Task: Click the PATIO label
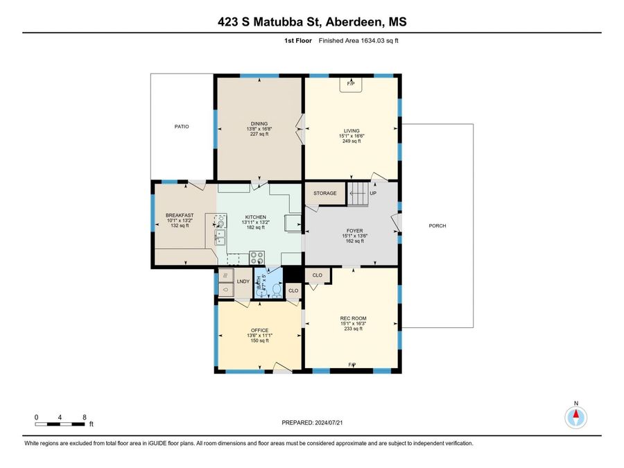coord(182,127)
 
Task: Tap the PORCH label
coord(437,225)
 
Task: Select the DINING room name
coord(259,124)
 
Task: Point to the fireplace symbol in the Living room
coord(351,85)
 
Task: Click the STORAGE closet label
coord(324,193)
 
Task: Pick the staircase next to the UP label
coord(358,194)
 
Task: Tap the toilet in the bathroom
coord(277,289)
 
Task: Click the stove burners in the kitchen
coord(257,257)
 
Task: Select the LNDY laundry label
coord(243,281)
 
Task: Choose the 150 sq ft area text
coord(259,340)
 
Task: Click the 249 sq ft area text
coord(352,141)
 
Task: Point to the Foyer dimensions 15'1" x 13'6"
coord(354,236)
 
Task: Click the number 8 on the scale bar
coord(85,417)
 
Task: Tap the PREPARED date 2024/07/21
coord(329,423)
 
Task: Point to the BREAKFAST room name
coord(180,216)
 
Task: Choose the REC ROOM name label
coord(353,318)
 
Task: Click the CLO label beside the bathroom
coord(293,291)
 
